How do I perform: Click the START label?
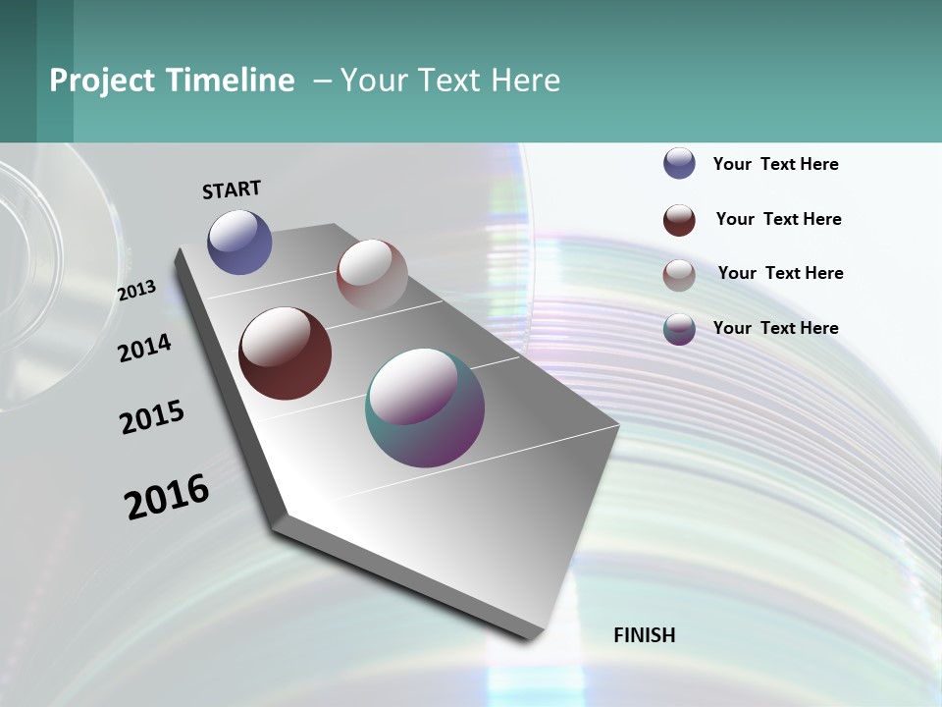232,190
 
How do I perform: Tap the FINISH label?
644,635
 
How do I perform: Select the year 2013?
137,291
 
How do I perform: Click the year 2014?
145,349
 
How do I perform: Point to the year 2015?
152,417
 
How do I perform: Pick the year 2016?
167,497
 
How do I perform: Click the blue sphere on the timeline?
239,242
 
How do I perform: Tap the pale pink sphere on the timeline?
372,274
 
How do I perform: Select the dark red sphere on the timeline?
285,353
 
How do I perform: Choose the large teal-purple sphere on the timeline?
425,408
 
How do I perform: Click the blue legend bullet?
679,163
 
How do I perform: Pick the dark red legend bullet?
679,220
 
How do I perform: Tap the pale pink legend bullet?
679,275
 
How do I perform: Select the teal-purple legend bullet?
679,329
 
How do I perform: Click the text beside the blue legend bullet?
775,164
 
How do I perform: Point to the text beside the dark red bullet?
778,219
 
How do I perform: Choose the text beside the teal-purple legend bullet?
775,328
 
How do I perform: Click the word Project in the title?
102,81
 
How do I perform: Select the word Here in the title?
525,81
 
